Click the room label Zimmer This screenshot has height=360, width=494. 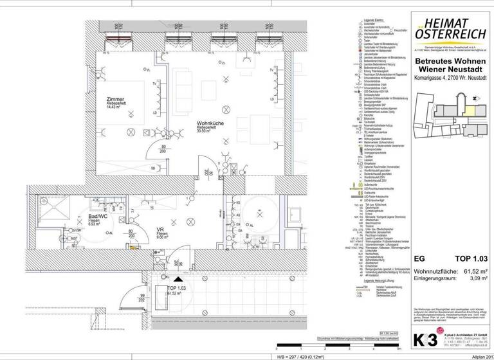click(116, 100)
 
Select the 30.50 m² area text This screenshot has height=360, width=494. click(206, 131)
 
